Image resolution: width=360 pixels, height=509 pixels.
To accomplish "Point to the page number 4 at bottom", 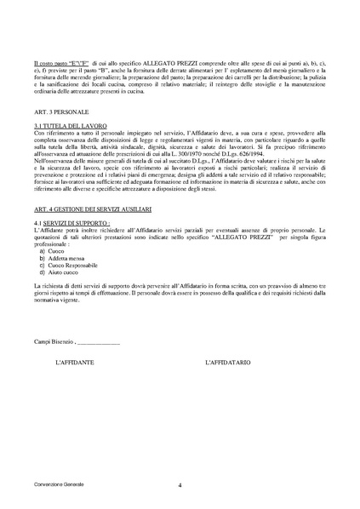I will click(180, 484).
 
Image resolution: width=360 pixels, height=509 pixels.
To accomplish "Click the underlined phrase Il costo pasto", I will click(51, 63).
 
